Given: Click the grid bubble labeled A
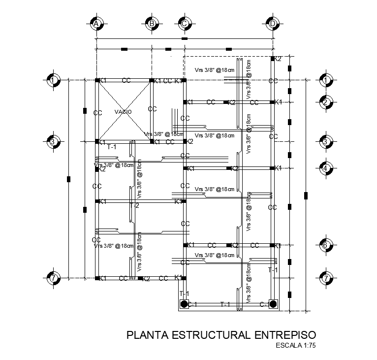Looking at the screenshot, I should click(97, 23).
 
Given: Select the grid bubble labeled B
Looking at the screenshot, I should click(152, 23).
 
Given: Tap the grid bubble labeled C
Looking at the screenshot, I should click(185, 23).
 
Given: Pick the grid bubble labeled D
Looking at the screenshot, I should click(272, 23).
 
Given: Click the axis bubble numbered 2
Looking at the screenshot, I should click(325, 102).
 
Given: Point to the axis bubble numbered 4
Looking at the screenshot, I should click(325, 168).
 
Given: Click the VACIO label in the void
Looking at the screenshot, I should click(123, 112).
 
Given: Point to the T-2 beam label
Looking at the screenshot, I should click(134, 205).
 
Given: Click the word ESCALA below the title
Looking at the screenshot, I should click(289, 345).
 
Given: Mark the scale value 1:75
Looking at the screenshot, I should click(310, 345).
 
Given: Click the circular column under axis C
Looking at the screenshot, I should click(184, 304).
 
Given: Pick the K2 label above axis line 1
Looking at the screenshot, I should click(278, 59).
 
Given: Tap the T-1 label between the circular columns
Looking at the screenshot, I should click(225, 304).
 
